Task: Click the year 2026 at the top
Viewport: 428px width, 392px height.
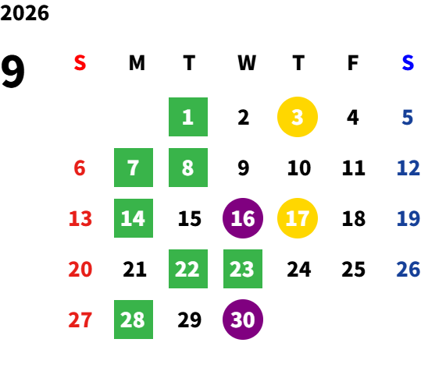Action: tap(24, 13)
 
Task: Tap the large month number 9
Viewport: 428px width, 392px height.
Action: tap(12, 71)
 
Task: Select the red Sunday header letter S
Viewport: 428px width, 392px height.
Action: tap(80, 63)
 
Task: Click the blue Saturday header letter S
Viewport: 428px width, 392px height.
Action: tap(408, 63)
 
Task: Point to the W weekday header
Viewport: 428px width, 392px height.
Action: tap(247, 63)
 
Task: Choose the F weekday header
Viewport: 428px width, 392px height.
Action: tap(353, 63)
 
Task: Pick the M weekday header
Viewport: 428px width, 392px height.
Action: tap(137, 63)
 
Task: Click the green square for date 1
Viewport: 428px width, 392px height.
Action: tap(188, 117)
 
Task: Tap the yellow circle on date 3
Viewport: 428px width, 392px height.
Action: tap(298, 117)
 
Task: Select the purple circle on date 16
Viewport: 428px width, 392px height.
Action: tap(243, 218)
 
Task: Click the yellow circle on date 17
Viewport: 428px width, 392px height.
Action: tap(298, 218)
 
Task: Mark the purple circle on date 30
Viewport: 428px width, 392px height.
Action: tap(243, 320)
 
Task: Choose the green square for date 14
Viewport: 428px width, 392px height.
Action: tap(134, 218)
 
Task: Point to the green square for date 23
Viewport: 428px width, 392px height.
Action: tap(243, 269)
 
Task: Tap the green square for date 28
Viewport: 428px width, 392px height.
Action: tap(134, 320)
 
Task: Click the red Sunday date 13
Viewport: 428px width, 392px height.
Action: tap(80, 218)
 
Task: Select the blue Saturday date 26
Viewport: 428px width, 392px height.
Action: tap(408, 269)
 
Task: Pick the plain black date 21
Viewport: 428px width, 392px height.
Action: tap(134, 269)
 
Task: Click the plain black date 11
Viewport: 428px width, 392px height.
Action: tap(354, 168)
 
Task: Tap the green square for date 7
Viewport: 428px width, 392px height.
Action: tap(134, 168)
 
